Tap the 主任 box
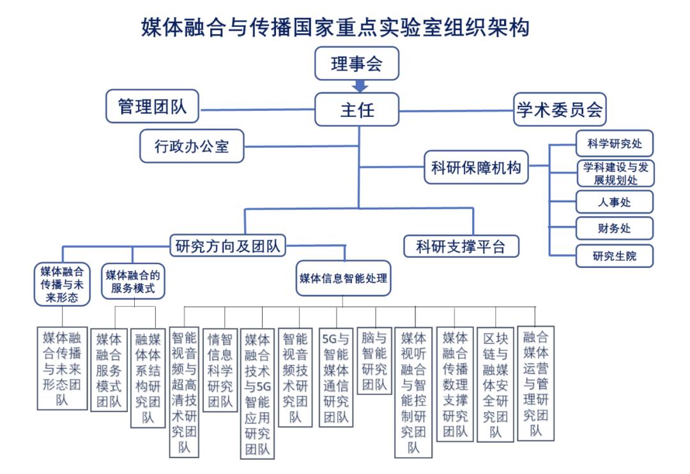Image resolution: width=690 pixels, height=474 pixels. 356,110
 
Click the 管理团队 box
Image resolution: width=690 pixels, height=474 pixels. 152,106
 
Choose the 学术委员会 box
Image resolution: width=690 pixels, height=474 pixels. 560,110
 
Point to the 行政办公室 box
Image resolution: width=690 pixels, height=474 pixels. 192,147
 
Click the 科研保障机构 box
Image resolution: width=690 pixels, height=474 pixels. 476,168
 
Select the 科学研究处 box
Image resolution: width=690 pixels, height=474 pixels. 615,144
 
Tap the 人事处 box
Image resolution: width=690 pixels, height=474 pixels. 615,202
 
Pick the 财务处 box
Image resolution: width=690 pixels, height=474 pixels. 615,228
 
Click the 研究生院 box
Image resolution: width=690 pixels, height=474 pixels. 615,256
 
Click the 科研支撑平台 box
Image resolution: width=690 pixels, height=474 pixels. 461,246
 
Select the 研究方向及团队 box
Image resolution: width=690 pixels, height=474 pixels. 227,245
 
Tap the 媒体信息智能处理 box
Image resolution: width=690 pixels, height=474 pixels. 344,279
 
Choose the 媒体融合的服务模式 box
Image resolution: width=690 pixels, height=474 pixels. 132,282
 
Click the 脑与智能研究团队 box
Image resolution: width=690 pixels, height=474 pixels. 374,361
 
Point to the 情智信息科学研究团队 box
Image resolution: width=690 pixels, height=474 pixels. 220,369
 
